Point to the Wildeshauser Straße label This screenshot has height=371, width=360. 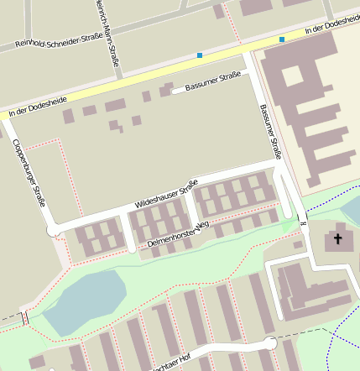pyautogui.click(x=166, y=195)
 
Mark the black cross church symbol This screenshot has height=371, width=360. pyautogui.click(x=338, y=239)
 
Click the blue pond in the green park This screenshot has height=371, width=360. pyautogui.click(x=84, y=299)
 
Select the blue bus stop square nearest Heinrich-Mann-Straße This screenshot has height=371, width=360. pyautogui.click(x=200, y=56)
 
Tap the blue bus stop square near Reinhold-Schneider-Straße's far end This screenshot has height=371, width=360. pyautogui.click(x=282, y=39)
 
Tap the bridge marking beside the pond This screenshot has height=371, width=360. pyautogui.click(x=24, y=317)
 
